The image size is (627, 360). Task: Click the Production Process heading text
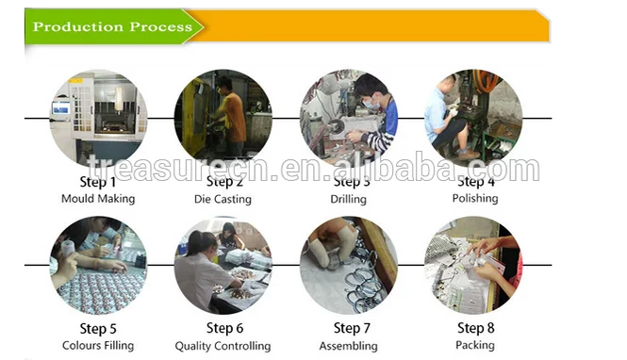pyautogui.click(x=112, y=26)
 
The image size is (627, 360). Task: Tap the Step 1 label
pyautogui.click(x=98, y=182)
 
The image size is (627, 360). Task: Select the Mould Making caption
pyautogui.click(x=98, y=199)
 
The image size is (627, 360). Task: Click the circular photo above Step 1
pyautogui.click(x=98, y=118)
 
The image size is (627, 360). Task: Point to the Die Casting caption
pyautogui.click(x=223, y=199)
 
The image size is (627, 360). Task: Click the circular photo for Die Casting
pyautogui.click(x=223, y=118)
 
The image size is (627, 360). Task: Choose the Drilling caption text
pyautogui.click(x=348, y=199)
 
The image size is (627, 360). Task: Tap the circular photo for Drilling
pyautogui.click(x=348, y=118)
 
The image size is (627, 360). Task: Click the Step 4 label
pyautogui.click(x=475, y=182)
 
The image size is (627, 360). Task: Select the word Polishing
pyautogui.click(x=475, y=199)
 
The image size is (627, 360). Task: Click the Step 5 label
pyautogui.click(x=98, y=329)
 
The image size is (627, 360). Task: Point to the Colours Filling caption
pyautogui.click(x=98, y=346)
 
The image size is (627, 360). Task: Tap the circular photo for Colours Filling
pyautogui.click(x=98, y=265)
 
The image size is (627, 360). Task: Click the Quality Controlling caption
pyautogui.click(x=223, y=346)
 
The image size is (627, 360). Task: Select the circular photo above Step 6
pyautogui.click(x=223, y=265)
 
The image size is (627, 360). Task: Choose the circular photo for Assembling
pyautogui.click(x=348, y=265)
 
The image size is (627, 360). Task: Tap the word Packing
pyautogui.click(x=475, y=346)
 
